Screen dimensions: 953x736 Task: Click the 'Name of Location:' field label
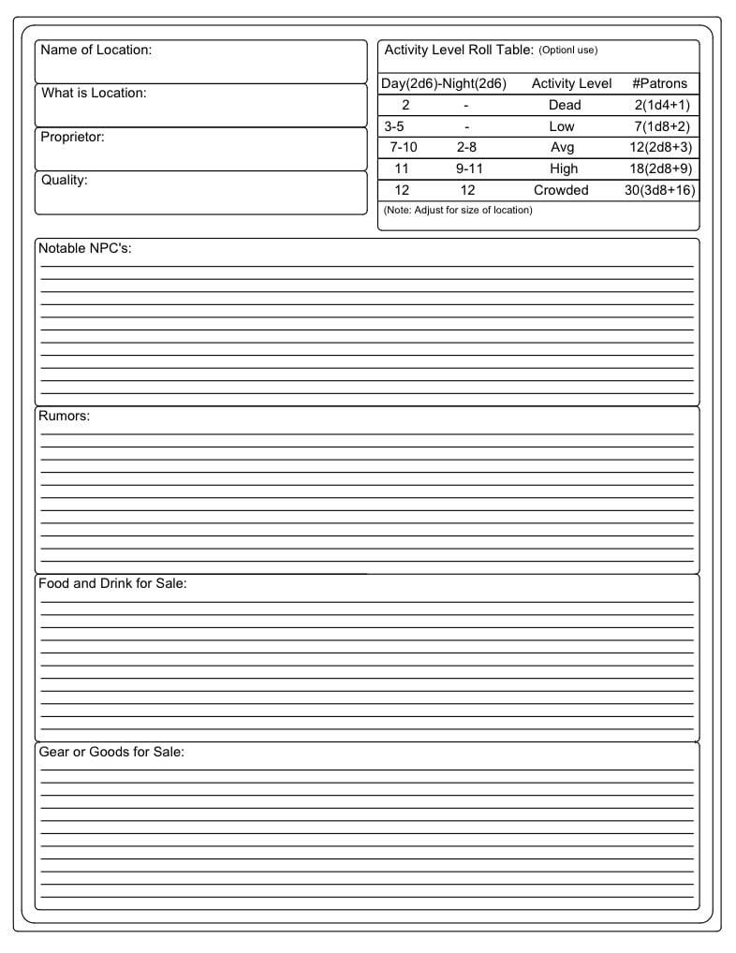click(x=96, y=50)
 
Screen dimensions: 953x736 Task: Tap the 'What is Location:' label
click(x=94, y=93)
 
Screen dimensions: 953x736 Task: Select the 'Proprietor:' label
click(x=72, y=137)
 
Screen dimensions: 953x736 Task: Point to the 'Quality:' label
click(x=64, y=180)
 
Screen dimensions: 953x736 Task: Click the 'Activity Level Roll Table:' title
click(x=459, y=50)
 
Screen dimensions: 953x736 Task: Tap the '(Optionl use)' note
click(x=567, y=51)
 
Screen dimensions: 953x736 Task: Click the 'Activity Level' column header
click(x=571, y=83)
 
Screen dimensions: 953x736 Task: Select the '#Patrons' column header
click(x=659, y=83)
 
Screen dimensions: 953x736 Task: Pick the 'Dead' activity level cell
click(x=565, y=105)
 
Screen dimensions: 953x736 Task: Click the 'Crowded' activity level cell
click(x=561, y=190)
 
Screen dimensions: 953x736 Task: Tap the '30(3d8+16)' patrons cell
click(x=659, y=190)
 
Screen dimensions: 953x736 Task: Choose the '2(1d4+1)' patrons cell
click(x=661, y=105)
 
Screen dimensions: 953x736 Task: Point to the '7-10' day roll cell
click(x=403, y=147)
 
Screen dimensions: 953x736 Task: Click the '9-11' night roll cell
click(x=468, y=169)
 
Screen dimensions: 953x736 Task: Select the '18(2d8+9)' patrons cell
click(x=661, y=169)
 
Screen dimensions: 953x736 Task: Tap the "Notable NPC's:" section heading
click(x=83, y=248)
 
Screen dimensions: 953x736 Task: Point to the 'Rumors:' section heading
click(x=64, y=416)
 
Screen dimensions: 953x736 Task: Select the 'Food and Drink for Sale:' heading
click(x=112, y=583)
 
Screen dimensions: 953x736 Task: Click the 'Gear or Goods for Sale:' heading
click(x=110, y=752)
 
